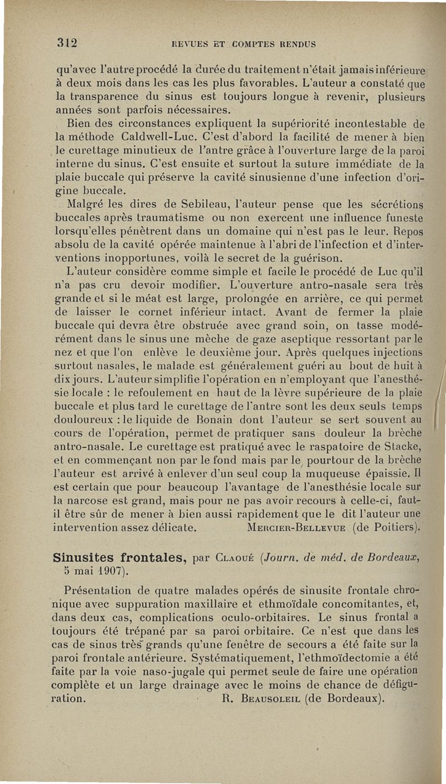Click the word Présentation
pyautogui.click(x=104, y=590)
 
